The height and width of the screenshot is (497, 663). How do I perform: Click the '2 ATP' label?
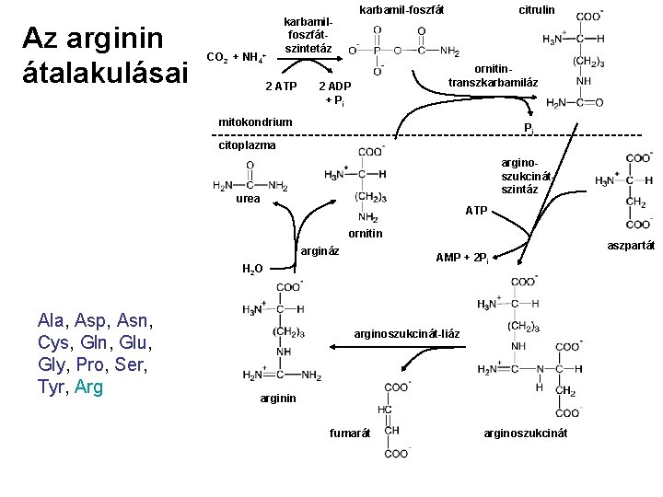tap(280, 87)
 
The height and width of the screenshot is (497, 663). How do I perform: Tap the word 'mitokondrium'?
tap(255, 121)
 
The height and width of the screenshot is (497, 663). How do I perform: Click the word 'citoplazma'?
tap(247, 144)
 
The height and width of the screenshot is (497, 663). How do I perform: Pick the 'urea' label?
tap(248, 199)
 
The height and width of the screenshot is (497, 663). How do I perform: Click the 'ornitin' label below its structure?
tap(366, 234)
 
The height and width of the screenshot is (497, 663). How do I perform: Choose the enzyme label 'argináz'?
tap(320, 251)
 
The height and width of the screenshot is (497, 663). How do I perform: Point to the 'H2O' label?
tap(252, 269)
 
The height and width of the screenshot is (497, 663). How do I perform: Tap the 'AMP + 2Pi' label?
tap(460, 260)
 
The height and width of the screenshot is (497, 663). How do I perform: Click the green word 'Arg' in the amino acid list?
tap(89, 387)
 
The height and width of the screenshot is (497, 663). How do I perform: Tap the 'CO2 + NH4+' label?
tap(237, 58)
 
